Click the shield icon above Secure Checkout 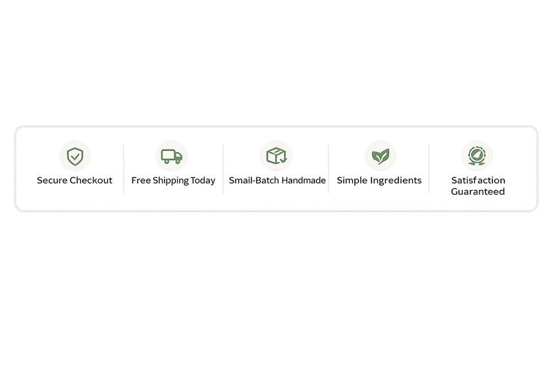tap(75, 156)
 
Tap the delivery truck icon tap(171, 156)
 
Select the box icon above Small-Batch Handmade tap(276, 156)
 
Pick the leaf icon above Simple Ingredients tap(380, 156)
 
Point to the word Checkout tap(92, 180)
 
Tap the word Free tap(140, 180)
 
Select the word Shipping tap(171, 181)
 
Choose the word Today tap(204, 180)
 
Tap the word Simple tap(352, 180)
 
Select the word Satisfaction tap(478, 180)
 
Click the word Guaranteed tap(478, 191)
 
